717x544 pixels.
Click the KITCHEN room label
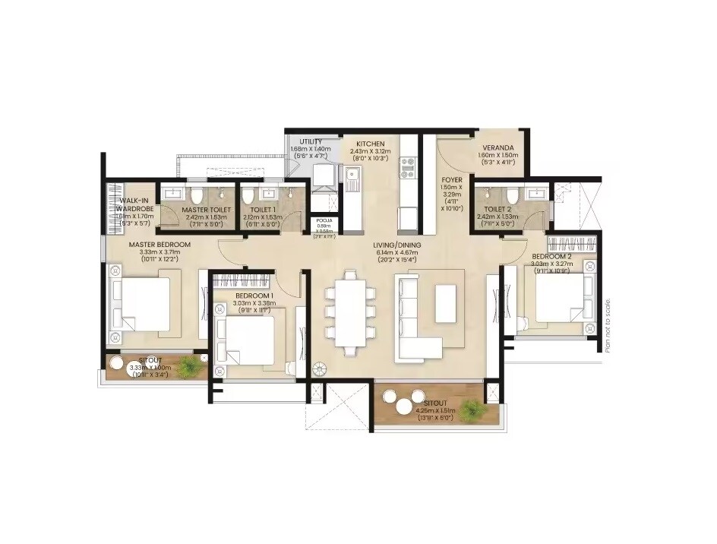pos(368,143)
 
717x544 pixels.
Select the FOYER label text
pos(453,181)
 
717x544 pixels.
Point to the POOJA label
pos(324,221)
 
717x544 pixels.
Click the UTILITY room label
pos(311,141)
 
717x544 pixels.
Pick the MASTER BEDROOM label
pos(160,245)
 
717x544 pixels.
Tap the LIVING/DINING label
pos(397,245)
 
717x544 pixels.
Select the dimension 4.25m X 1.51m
pos(431,410)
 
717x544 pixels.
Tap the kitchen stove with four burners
pos(408,167)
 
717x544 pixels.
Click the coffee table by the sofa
pos(446,303)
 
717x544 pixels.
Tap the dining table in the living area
pos(350,312)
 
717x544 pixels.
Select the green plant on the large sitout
pos(472,410)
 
